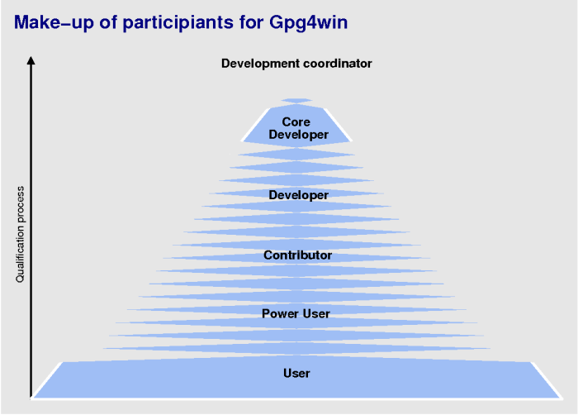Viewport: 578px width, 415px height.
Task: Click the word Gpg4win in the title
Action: tap(308, 23)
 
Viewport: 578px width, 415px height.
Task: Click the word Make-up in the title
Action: tap(54, 23)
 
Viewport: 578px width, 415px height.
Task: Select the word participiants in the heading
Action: tap(178, 23)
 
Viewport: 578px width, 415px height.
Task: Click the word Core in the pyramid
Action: tap(296, 122)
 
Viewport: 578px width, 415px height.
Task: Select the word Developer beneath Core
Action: tap(299, 135)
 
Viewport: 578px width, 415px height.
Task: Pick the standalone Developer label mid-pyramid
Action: tap(299, 195)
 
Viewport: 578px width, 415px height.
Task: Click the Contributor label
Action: tap(298, 255)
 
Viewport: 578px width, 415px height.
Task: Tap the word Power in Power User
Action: tap(280, 314)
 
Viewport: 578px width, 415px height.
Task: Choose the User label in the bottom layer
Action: tap(296, 374)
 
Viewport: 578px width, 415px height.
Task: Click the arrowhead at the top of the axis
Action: tap(31, 60)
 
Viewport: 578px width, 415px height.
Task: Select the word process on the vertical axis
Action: tap(20, 204)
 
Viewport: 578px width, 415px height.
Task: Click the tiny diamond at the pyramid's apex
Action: tap(296, 100)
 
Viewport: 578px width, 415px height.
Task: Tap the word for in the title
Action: tap(251, 23)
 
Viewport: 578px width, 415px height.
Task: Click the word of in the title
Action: tap(108, 23)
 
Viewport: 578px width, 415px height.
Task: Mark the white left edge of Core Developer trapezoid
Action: tap(255, 125)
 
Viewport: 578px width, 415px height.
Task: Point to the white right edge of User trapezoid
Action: tap(547, 380)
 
